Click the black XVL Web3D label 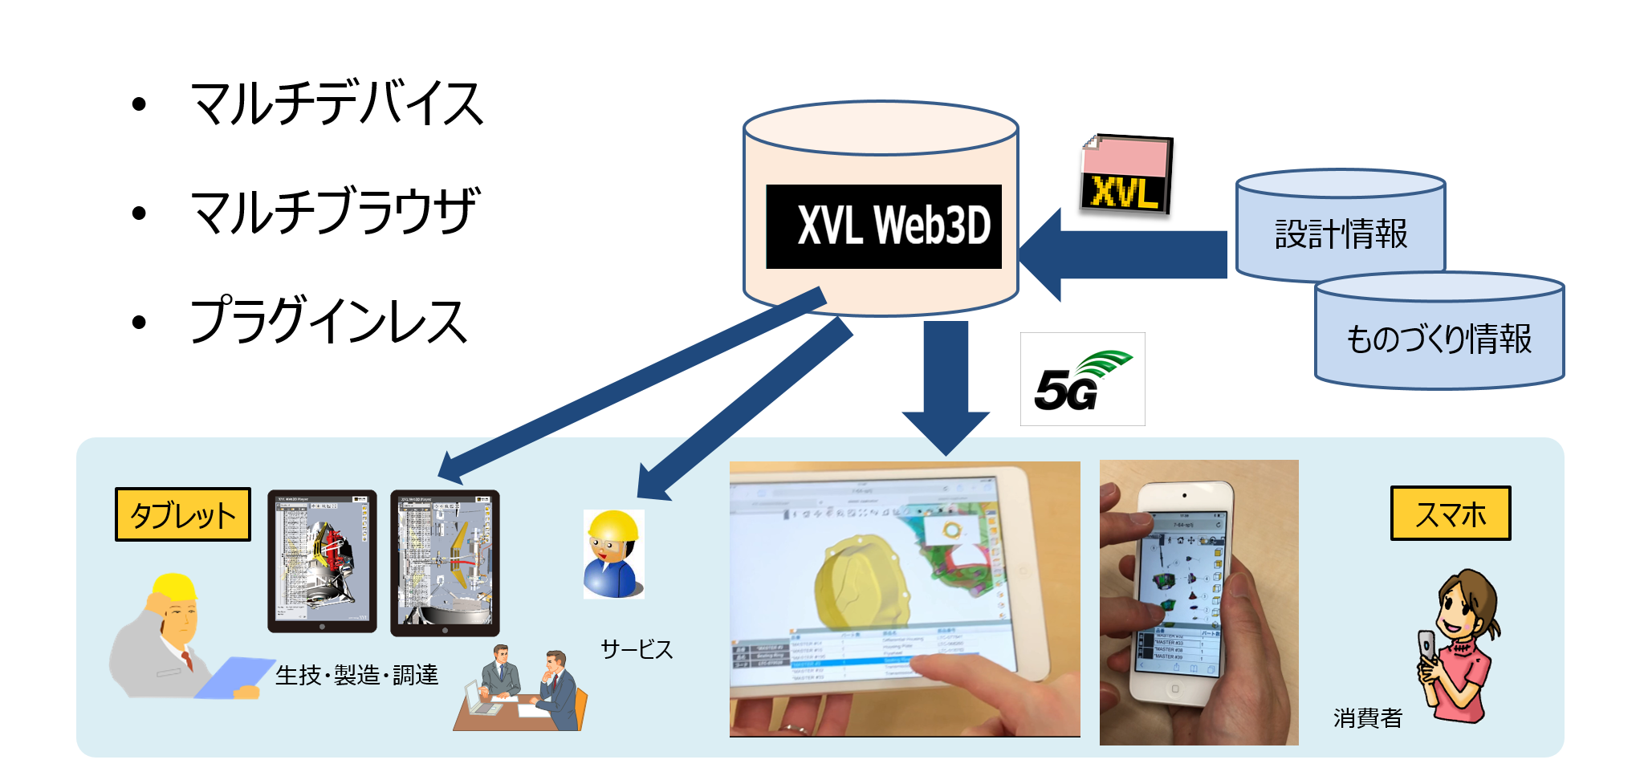pos(884,226)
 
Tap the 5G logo pos(1082,379)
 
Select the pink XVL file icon pos(1125,174)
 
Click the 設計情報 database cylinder pos(1341,229)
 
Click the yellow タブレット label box pos(183,514)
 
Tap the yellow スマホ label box pos(1451,514)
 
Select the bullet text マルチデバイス pos(337,104)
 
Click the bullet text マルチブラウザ pos(335,212)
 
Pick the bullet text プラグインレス pos(328,321)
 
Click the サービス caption pos(637,648)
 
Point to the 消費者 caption pos(1367,717)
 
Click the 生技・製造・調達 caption pos(357,675)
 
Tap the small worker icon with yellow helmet pos(612,554)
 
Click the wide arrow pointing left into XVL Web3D pos(1124,254)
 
